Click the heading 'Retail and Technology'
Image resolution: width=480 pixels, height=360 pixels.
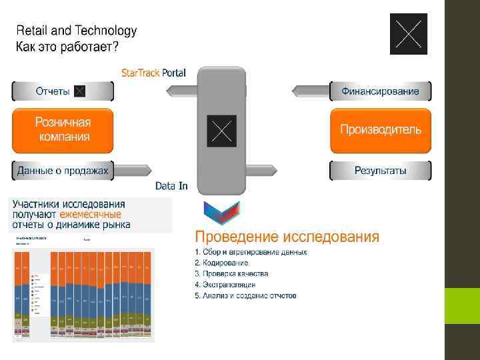(76, 30)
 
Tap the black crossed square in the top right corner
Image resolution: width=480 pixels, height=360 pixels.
(408, 34)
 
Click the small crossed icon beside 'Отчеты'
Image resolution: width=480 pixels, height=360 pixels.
(79, 91)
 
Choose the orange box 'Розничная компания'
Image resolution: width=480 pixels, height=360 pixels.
(63, 130)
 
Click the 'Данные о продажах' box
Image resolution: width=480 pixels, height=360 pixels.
(63, 171)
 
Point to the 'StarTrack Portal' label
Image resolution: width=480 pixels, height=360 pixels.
(153, 73)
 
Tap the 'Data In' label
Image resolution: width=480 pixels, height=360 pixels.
(171, 186)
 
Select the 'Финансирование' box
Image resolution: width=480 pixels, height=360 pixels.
(381, 91)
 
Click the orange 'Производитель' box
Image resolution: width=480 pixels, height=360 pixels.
(381, 130)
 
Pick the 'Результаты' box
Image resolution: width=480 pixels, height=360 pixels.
(381, 171)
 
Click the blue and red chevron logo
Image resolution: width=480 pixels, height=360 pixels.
(221, 213)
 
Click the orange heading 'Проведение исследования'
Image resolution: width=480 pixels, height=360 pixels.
(287, 237)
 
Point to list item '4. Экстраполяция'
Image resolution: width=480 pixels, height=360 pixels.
(225, 285)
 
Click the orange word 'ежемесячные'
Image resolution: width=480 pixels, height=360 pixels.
(91, 215)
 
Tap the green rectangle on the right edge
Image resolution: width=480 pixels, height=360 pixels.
(462, 305)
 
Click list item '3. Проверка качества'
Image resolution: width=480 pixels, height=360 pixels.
(231, 274)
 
